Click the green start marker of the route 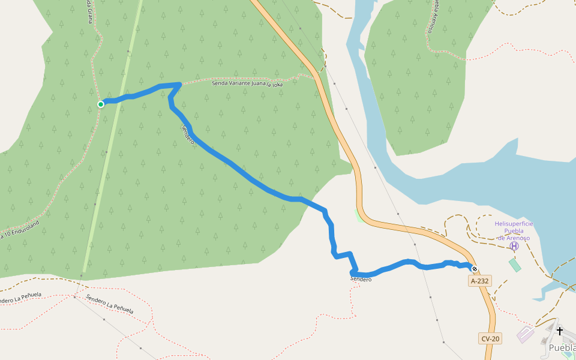pos(101,104)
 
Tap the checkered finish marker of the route pos(475,269)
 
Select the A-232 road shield pos(479,281)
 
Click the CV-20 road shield pos(490,338)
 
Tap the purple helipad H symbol pos(514,246)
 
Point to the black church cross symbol pos(560,331)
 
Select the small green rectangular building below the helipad pos(515,265)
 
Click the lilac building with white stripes pos(526,334)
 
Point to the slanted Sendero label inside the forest pos(188,134)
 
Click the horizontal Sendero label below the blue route pos(361,280)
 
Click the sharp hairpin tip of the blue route pos(179,85)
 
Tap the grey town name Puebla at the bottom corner pos(562,347)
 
